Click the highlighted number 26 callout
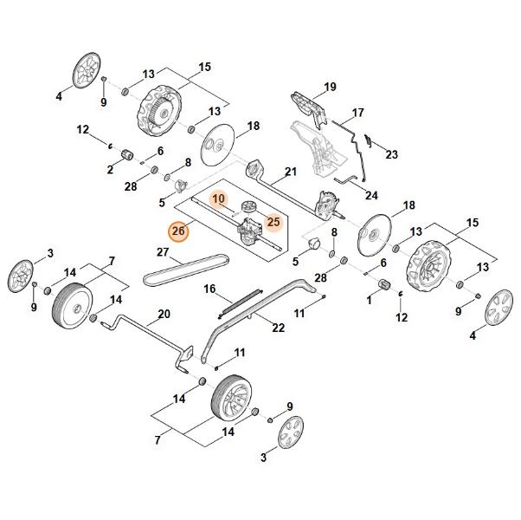tap(177, 231)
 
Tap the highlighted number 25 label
tap(273, 222)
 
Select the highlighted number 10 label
tap(219, 199)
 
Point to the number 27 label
tap(162, 252)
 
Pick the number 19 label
tap(330, 87)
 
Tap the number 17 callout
tap(358, 113)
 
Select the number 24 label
tap(372, 196)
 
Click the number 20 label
tap(164, 314)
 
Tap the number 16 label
tap(209, 289)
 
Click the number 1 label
tap(370, 300)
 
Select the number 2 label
tap(110, 170)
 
